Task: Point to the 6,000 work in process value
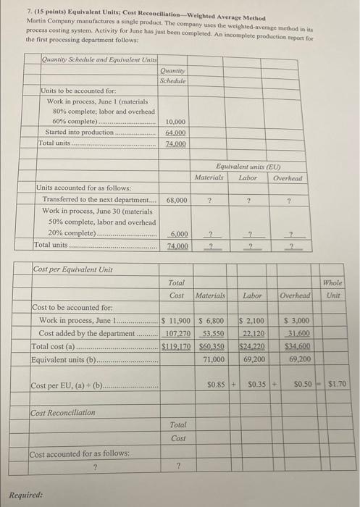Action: pyautogui.click(x=180, y=234)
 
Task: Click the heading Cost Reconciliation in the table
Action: pyautogui.click(x=64, y=412)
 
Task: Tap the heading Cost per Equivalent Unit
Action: pyautogui.click(x=72, y=269)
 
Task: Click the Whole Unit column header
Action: pyautogui.click(x=334, y=290)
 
